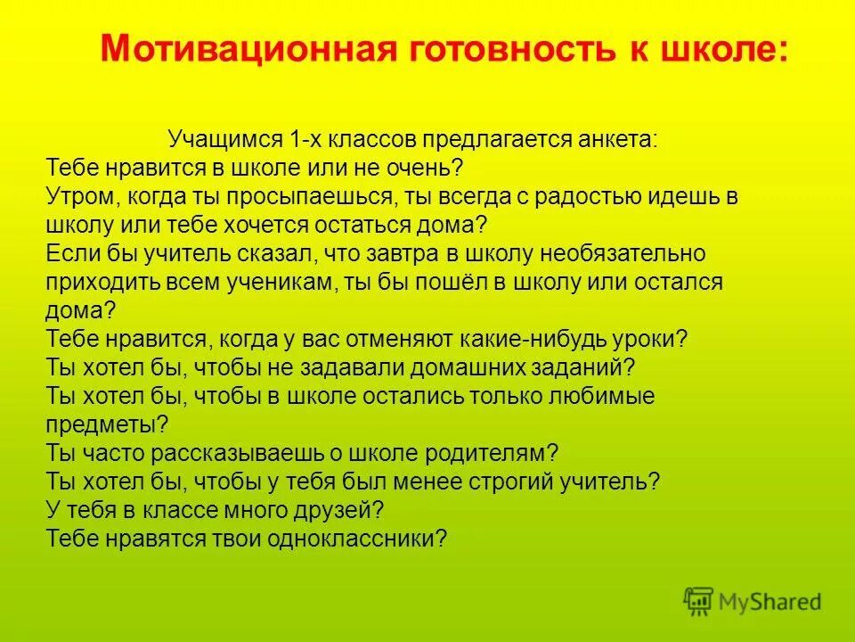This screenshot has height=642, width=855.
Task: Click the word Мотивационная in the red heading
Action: tap(226, 49)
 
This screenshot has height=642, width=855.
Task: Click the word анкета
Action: tap(615, 140)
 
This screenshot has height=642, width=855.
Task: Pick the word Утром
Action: tap(76, 196)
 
